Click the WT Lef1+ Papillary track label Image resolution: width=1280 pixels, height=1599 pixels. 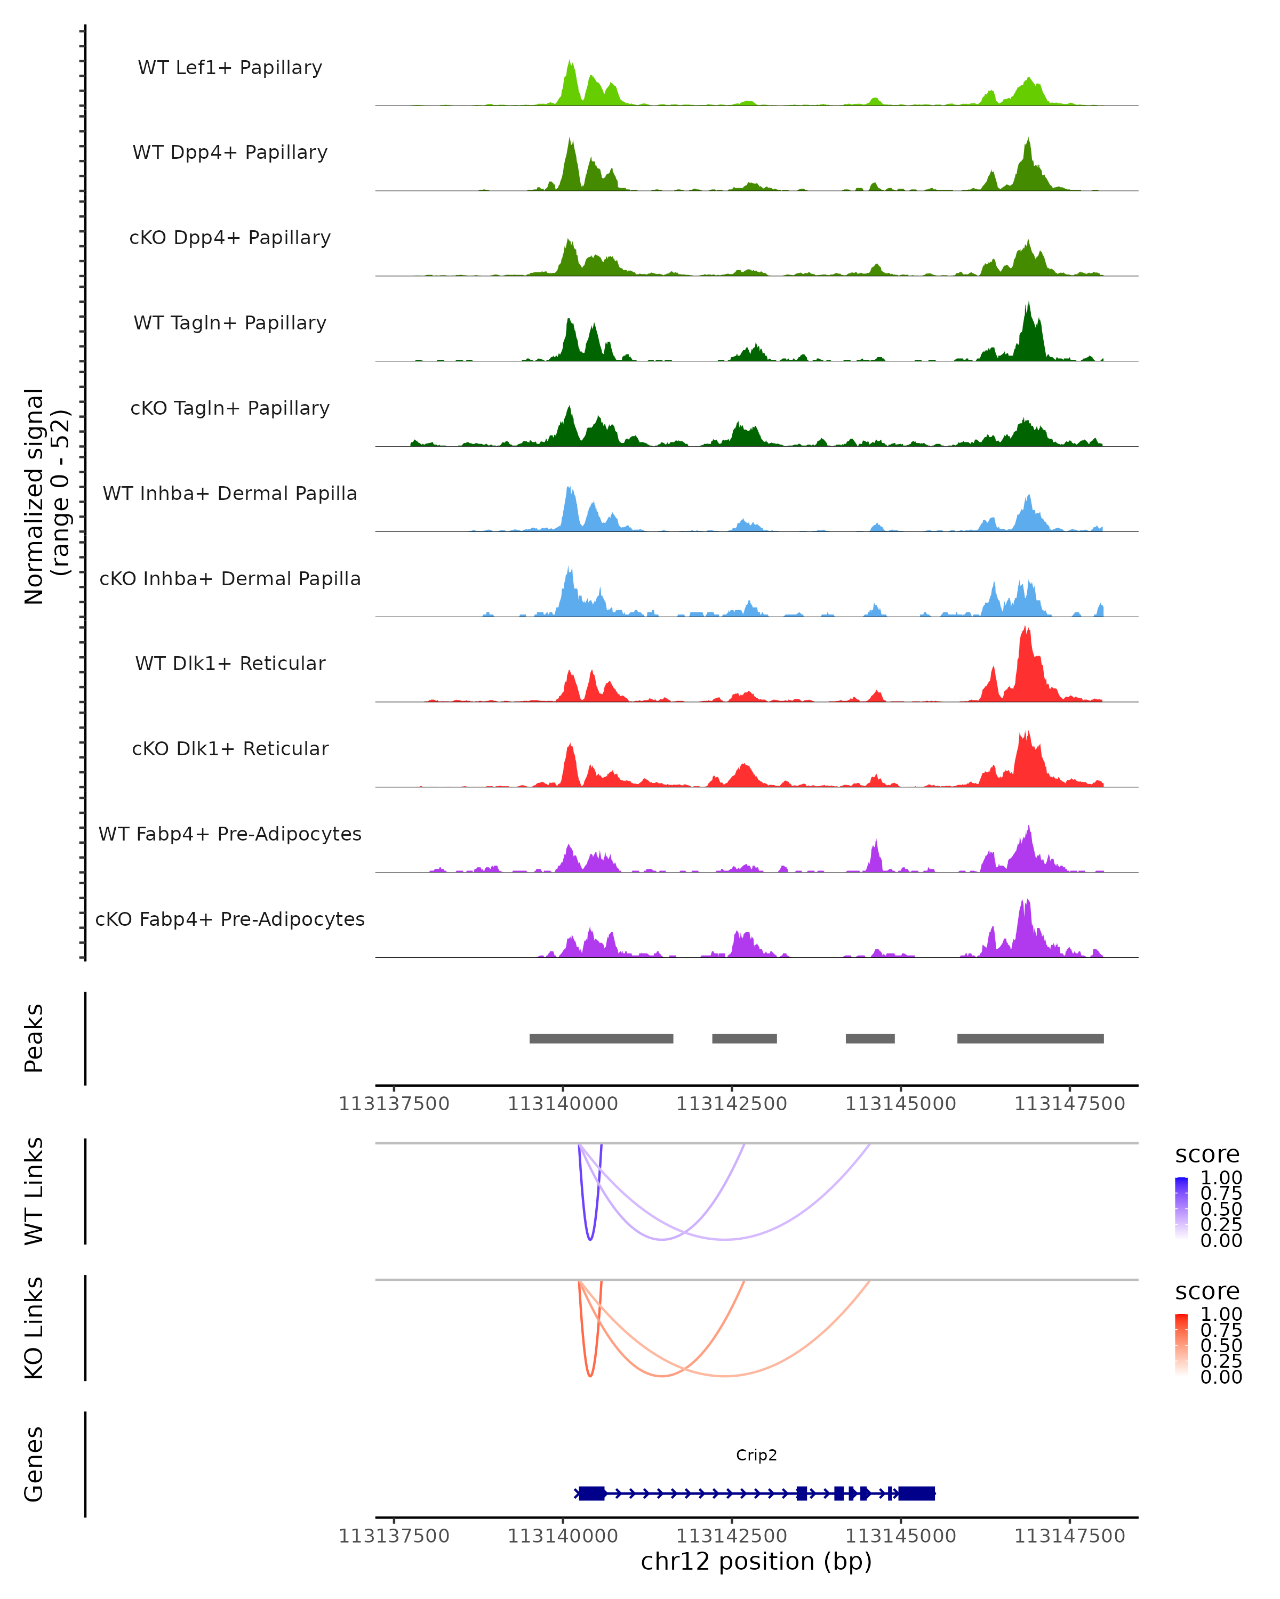[230, 68]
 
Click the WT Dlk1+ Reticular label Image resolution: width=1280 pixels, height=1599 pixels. [230, 663]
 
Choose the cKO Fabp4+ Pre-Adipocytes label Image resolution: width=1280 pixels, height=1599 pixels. [230, 919]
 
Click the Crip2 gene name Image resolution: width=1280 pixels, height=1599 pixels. [756, 1455]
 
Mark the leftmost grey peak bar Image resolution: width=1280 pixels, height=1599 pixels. [601, 1038]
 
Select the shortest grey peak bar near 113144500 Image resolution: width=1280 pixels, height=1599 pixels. [870, 1038]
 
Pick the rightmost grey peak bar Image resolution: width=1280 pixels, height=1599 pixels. [1030, 1038]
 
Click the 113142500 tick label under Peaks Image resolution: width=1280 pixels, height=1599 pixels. [732, 1104]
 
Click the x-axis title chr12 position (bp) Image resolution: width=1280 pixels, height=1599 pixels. [756, 1561]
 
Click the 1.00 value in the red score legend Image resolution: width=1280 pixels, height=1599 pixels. [1221, 1314]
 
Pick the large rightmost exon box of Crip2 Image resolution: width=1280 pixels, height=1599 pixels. [916, 1493]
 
